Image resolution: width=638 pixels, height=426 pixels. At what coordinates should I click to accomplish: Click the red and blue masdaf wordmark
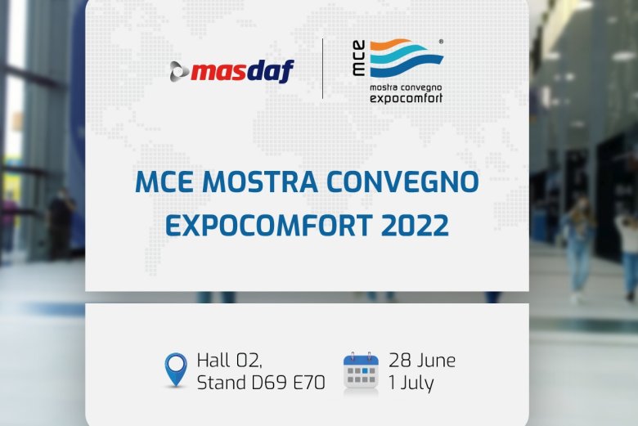(x=242, y=71)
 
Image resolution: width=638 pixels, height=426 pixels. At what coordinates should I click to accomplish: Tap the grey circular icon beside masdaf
(x=179, y=71)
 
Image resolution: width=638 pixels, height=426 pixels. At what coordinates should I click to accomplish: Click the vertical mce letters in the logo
(x=358, y=58)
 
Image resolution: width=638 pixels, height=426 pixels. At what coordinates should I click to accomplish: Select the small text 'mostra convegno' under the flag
(x=406, y=87)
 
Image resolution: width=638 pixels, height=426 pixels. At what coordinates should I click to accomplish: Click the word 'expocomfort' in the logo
(x=406, y=98)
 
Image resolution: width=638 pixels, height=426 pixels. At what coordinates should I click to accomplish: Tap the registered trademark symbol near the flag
(x=441, y=41)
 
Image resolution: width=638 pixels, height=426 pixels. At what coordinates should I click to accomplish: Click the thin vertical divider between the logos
(x=322, y=69)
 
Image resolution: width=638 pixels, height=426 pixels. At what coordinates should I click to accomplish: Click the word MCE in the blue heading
(x=164, y=182)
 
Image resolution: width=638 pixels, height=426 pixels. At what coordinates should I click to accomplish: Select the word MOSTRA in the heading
(x=260, y=182)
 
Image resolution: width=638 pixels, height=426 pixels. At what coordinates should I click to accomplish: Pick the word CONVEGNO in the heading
(x=402, y=182)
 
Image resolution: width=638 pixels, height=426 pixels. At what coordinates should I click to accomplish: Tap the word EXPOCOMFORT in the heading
(x=269, y=225)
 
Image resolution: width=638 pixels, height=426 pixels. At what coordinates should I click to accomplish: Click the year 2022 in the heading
(x=415, y=225)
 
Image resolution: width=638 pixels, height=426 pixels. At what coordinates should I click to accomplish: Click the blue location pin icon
(x=176, y=369)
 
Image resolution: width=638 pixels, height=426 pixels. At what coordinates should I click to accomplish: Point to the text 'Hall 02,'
(x=230, y=361)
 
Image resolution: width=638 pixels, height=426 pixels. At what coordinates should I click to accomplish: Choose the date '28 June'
(x=422, y=361)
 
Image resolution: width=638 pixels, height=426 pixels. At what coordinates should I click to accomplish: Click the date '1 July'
(x=411, y=383)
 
